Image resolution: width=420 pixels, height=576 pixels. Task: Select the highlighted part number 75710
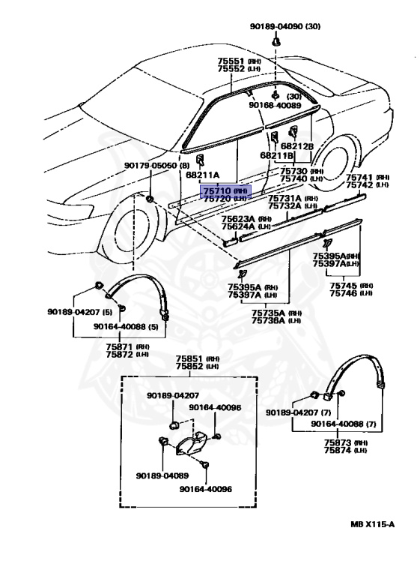[x=217, y=191]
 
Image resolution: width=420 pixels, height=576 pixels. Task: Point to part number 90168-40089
[x=275, y=106]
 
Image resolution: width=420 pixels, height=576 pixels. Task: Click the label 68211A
[x=202, y=175]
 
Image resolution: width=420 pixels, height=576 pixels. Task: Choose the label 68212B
[x=297, y=146]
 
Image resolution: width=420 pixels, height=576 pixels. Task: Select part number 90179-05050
[x=150, y=166]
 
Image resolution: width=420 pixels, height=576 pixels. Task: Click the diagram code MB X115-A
[x=372, y=524]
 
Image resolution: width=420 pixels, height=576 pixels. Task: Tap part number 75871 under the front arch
[x=120, y=346]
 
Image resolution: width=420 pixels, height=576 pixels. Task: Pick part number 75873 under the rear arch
[x=338, y=442]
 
